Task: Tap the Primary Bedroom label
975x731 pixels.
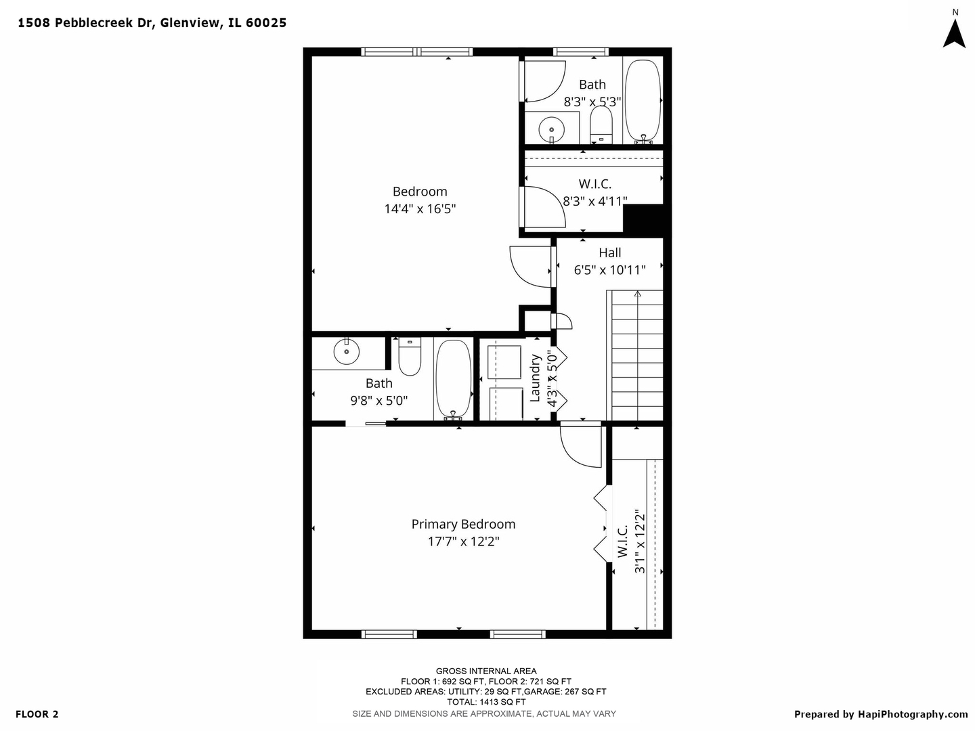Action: coord(463,524)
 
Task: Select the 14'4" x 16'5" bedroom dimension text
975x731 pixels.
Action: coord(420,208)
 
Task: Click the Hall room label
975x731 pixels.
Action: coord(610,252)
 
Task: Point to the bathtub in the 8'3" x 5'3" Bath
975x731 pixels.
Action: coord(643,102)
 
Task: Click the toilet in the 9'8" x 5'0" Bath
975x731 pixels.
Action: coord(410,356)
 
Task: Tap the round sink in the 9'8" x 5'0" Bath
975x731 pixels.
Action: coord(347,351)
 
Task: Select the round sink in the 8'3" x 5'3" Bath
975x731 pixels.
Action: coord(551,129)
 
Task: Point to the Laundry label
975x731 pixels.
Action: coord(535,378)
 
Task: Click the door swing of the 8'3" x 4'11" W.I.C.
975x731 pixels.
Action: coord(545,206)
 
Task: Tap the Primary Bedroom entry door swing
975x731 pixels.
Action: coord(580,447)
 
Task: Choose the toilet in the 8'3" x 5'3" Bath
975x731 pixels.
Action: coord(601,125)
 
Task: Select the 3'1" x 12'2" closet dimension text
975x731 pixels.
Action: coord(639,541)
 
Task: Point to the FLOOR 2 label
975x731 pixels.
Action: coord(37,714)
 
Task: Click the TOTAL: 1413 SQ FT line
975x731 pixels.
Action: coord(486,702)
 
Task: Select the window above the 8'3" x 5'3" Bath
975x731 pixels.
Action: coord(580,52)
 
